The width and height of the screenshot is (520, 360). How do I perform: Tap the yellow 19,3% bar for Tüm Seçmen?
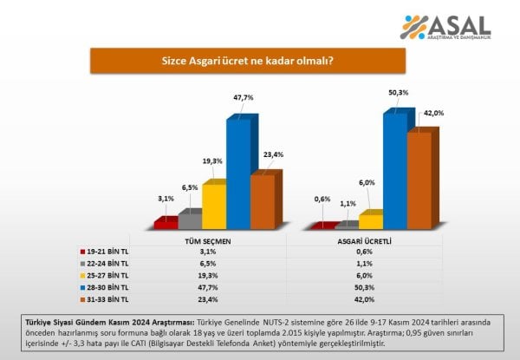point(214,205)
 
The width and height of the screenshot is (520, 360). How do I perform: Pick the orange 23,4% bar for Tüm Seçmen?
point(263,200)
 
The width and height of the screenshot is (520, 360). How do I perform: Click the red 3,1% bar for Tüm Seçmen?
point(165,223)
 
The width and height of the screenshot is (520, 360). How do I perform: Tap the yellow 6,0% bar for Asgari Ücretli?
point(370,221)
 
